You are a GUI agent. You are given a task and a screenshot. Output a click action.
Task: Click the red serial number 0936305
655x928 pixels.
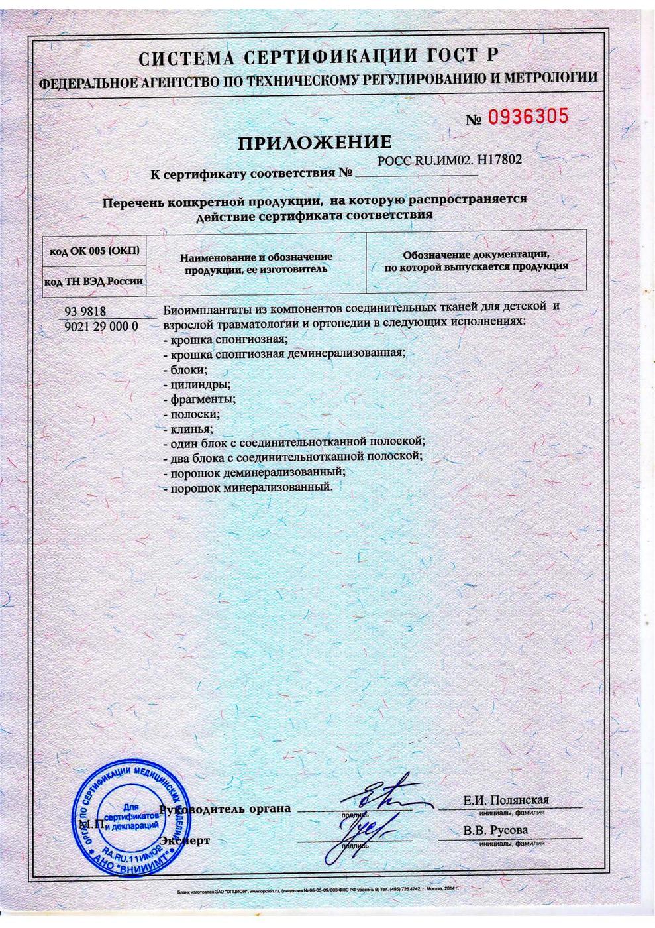pyautogui.click(x=528, y=117)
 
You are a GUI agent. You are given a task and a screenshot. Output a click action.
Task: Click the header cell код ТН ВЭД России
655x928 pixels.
pyautogui.click(x=94, y=281)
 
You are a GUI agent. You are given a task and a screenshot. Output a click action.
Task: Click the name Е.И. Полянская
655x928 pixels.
pyautogui.click(x=507, y=800)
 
